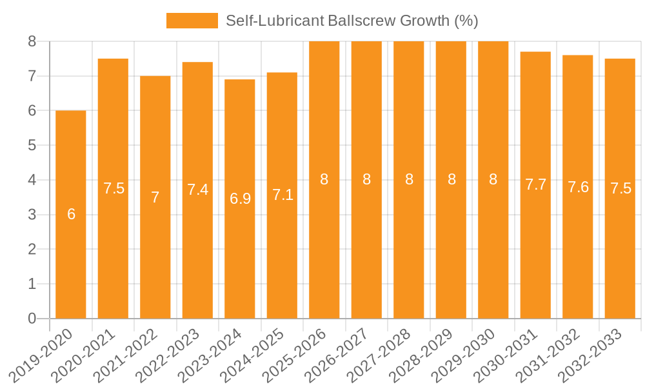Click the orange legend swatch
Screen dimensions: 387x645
tap(192, 21)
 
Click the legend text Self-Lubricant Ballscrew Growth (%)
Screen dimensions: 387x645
tap(352, 21)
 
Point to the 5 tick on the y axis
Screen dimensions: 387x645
tap(32, 145)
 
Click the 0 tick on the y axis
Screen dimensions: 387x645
tap(32, 318)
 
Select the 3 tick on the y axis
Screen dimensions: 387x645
tap(32, 215)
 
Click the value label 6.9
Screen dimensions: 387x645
tap(240, 199)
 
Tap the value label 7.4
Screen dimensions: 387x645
tap(197, 190)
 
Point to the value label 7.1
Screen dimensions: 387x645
tap(283, 195)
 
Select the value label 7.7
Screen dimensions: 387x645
tap(535, 184)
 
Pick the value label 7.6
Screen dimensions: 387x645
tap(578, 187)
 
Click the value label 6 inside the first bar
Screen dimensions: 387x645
tap(71, 214)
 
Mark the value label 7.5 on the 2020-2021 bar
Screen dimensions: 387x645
tap(114, 188)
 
